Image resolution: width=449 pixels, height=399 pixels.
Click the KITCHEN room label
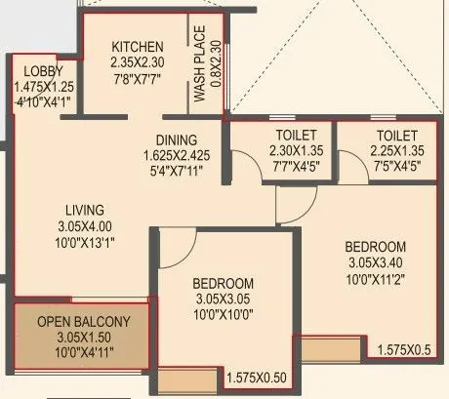(137, 48)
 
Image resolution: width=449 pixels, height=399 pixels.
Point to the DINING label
(176, 140)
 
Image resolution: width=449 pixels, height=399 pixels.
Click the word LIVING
(83, 209)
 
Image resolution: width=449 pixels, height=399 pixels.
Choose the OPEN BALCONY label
(83, 322)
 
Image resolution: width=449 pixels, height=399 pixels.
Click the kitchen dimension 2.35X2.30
(137, 62)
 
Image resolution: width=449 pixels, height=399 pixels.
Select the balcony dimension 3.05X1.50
(83, 337)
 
